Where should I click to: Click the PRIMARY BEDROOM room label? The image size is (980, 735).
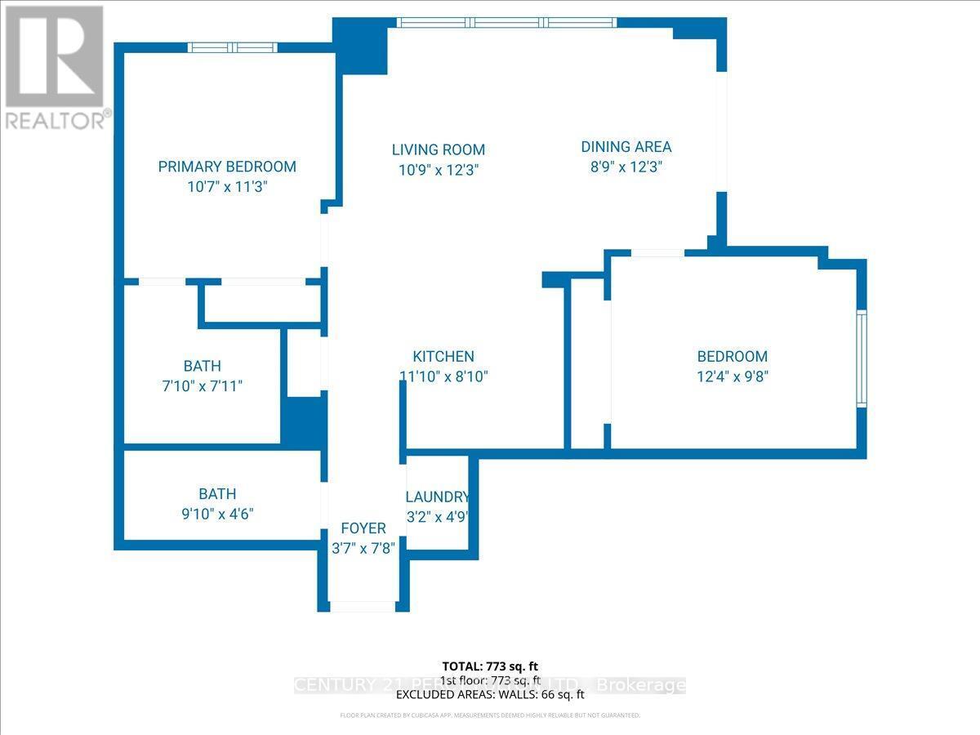[227, 167]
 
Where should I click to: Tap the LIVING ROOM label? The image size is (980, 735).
[439, 149]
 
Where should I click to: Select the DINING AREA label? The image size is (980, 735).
[626, 147]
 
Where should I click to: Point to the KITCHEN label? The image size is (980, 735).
[443, 356]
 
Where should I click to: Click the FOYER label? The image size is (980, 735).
[363, 528]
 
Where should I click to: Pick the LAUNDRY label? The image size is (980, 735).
[438, 497]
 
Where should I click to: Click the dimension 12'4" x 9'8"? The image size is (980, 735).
[732, 376]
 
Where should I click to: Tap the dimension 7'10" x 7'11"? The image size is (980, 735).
[203, 386]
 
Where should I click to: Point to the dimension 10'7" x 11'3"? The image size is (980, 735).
[227, 187]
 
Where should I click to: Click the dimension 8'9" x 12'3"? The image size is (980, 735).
[626, 167]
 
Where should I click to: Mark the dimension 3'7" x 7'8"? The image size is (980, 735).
[363, 548]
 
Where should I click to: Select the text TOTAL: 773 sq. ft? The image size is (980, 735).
[490, 666]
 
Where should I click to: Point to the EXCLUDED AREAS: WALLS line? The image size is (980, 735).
[490, 695]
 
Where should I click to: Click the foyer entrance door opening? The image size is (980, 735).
[362, 607]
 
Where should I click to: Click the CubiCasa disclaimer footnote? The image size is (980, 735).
[490, 715]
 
